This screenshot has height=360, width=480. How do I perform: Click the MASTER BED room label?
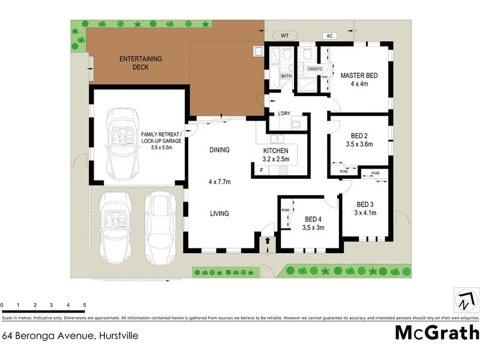tap(359, 76)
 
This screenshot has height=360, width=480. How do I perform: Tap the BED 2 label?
tap(359, 135)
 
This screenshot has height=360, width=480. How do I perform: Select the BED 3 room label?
tap(365, 203)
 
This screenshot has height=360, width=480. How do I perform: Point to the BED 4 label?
tap(313, 219)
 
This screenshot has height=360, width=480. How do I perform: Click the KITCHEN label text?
tap(276, 151)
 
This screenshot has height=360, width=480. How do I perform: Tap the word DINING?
tap(219, 150)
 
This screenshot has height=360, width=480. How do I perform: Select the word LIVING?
tap(219, 214)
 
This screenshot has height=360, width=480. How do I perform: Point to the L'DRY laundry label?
tap(284, 113)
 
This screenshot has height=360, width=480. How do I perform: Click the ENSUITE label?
tap(315, 70)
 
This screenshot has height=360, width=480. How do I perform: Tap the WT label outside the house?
tap(285, 36)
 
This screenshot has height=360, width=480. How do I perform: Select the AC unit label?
tap(329, 36)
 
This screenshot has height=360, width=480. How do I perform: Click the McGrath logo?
tap(437, 332)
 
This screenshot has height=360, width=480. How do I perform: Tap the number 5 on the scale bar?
tap(85, 305)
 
